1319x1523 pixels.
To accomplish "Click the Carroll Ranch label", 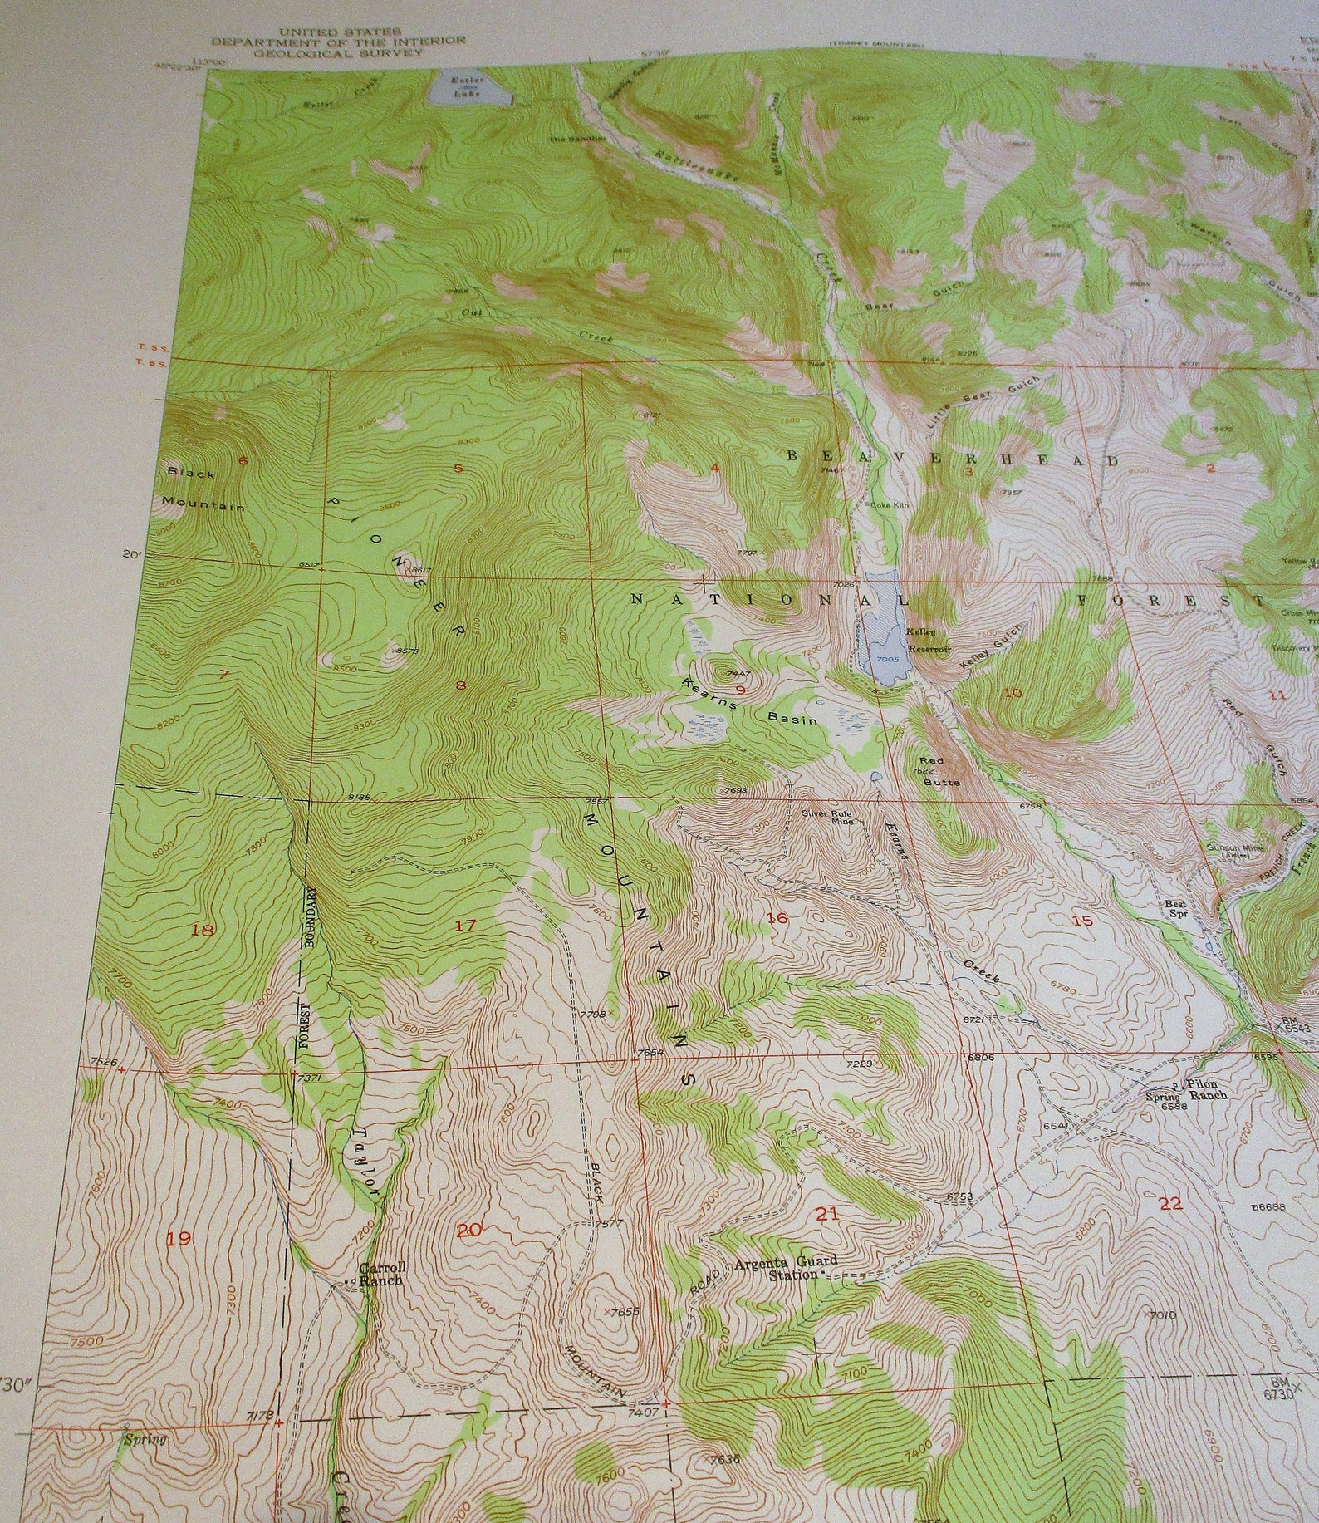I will tap(382, 1273).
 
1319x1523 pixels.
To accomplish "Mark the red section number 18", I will tap(202, 930).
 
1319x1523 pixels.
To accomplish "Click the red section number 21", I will tap(826, 1214).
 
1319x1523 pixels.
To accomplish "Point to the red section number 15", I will tap(1082, 920).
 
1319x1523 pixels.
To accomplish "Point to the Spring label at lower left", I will tap(145, 1439).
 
